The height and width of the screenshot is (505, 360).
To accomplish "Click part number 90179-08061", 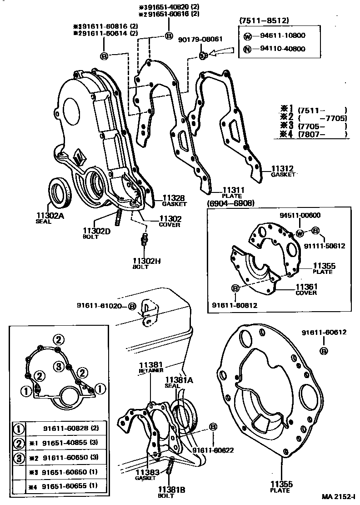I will [200, 39].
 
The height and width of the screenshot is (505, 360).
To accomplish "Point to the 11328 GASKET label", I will [173, 200].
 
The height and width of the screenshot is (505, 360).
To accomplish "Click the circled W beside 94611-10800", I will [247, 35].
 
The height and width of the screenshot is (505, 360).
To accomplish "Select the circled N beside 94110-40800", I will [247, 49].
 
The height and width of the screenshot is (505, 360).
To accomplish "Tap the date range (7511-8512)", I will [264, 20].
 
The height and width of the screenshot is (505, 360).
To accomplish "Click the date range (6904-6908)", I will [230, 203].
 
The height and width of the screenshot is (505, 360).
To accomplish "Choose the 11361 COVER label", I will [307, 289].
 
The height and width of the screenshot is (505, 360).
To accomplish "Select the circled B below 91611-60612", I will [324, 351].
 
